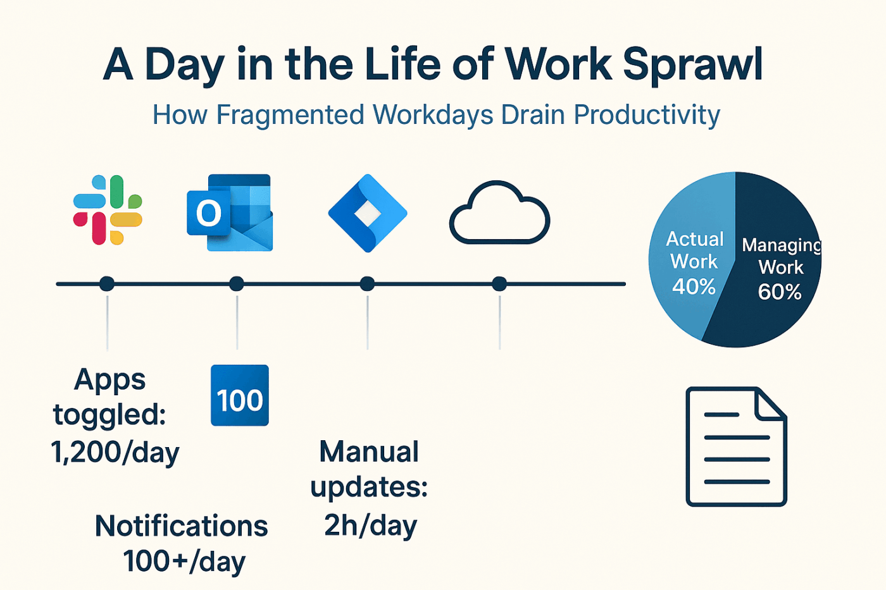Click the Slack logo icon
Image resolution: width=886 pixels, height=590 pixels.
click(108, 210)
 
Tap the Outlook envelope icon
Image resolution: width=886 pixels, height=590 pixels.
click(230, 212)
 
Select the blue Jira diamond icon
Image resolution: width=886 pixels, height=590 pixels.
click(368, 213)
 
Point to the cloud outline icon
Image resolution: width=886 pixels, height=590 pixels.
click(499, 213)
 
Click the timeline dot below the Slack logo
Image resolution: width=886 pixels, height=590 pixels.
click(107, 284)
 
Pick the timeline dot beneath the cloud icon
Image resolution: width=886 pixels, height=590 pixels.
click(499, 284)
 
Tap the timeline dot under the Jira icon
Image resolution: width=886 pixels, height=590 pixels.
click(367, 284)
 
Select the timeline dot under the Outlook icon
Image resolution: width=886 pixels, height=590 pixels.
click(237, 284)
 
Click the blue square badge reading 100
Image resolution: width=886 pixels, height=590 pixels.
click(240, 395)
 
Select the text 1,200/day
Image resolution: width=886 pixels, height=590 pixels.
click(115, 452)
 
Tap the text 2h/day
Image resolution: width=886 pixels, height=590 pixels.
click(370, 525)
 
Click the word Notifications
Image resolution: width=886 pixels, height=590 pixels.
click(182, 526)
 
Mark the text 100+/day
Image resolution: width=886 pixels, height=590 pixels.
click(184, 562)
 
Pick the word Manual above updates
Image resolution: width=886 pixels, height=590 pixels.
click(369, 452)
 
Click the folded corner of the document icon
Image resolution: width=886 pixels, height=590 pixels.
click(771, 403)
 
